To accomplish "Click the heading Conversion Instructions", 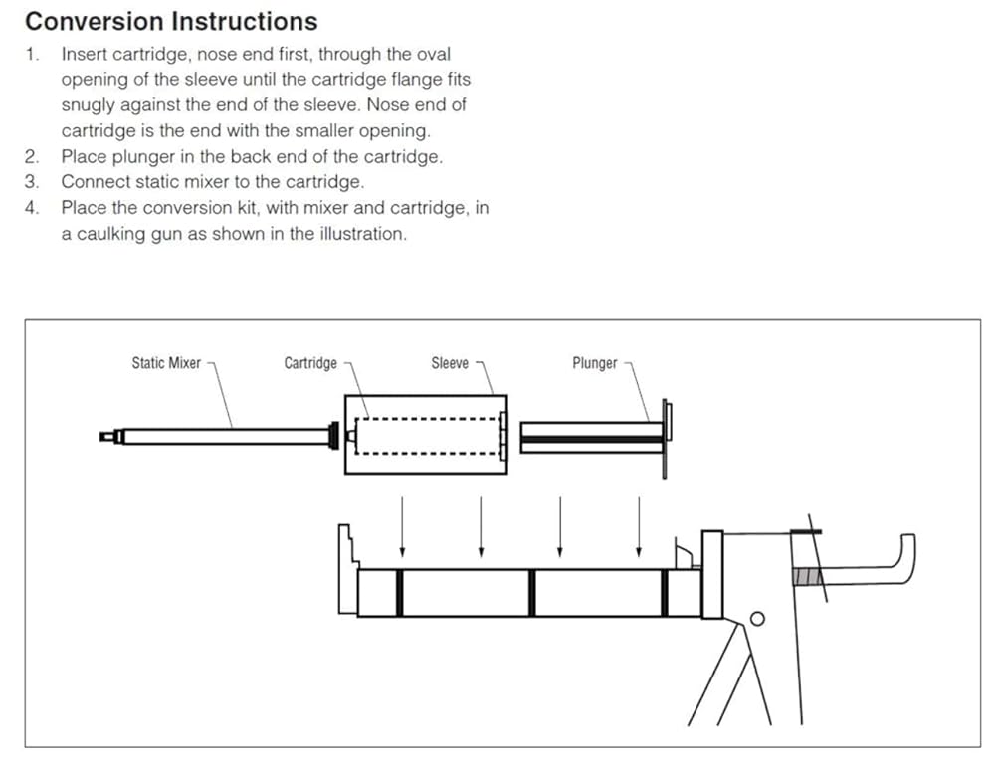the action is point(171,22).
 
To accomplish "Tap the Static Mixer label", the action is point(166,363).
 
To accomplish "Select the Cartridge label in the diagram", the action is point(310,363).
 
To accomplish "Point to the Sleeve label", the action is point(450,363).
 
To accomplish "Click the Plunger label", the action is point(595,363).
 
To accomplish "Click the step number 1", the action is point(32,54).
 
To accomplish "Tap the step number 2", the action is point(32,156).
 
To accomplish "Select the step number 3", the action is point(32,182).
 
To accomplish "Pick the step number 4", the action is point(32,208).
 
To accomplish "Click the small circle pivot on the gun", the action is point(757,619).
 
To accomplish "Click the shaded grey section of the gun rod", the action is point(807,577).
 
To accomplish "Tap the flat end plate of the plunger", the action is point(666,439).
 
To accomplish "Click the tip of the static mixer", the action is point(103,437).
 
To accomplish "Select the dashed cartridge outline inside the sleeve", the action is point(428,436).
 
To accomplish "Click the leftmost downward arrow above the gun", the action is point(402,527).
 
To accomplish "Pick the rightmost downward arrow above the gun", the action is point(639,527).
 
